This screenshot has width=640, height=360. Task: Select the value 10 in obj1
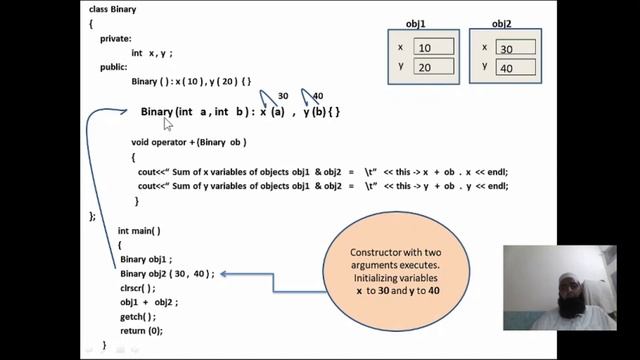[433, 47]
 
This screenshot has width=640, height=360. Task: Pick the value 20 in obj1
[433, 67]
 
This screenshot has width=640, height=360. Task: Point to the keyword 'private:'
[116, 38]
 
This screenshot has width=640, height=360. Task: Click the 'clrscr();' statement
[139, 287]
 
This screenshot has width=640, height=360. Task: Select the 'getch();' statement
[137, 316]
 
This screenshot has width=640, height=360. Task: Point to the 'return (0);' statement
[141, 330]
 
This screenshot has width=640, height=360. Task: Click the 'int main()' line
[139, 230]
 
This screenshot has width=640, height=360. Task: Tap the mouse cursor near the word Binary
[169, 123]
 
